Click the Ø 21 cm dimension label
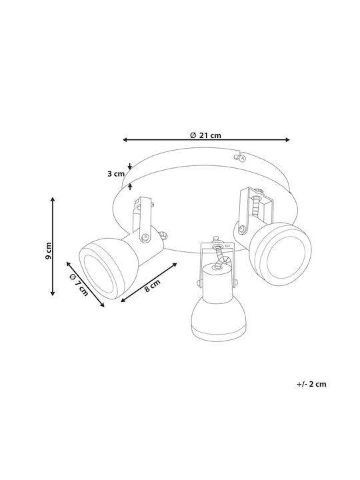[x=205, y=135]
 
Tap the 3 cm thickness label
[x=116, y=174]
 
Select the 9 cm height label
[x=48, y=251]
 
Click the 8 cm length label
[x=152, y=285]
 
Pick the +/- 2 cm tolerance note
[x=311, y=384]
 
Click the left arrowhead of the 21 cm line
[x=125, y=140]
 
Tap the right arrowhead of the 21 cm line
[x=287, y=140]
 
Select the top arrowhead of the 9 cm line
[x=53, y=199]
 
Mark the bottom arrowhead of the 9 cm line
[x=53, y=293]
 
